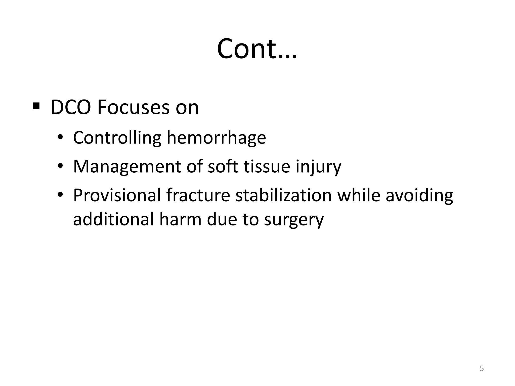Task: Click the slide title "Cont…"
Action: (257, 49)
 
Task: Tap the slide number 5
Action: (482, 368)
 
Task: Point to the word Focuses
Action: (134, 108)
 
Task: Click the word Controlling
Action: (117, 138)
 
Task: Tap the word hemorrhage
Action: (216, 138)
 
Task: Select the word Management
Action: (127, 167)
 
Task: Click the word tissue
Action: (267, 167)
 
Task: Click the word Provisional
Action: (117, 195)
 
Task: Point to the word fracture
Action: (198, 195)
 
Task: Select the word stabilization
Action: (283, 195)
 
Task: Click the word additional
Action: (113, 219)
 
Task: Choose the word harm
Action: (180, 219)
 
